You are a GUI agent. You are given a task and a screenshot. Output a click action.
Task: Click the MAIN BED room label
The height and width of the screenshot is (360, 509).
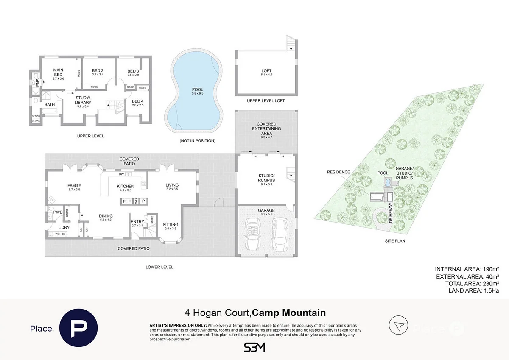58,72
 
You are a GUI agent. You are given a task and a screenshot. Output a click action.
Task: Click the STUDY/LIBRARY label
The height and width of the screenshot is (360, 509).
83,100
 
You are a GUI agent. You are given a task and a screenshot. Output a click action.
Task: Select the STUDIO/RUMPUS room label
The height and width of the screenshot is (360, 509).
266,178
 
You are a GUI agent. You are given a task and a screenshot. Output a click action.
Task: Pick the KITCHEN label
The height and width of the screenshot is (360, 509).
126,186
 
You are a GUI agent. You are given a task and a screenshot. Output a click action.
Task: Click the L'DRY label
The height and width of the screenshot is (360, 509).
64,228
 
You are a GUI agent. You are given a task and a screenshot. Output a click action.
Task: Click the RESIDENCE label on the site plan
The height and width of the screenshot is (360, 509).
338,172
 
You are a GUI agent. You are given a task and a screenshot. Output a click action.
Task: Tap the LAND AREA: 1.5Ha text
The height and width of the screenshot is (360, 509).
473,290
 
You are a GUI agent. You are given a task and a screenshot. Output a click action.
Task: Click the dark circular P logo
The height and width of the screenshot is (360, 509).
78,327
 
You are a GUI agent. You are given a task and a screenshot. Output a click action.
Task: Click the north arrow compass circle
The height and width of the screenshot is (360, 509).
398,326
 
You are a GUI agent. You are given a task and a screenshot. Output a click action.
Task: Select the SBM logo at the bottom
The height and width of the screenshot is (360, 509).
254,347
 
